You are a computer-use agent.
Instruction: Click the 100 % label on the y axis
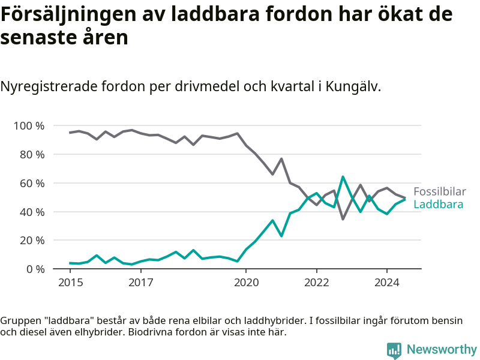point(29,126)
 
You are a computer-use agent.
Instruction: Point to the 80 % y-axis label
point(32,155)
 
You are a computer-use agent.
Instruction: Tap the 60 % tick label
point(32,184)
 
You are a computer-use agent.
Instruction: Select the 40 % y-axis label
point(32,212)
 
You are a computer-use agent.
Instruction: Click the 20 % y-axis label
point(32,241)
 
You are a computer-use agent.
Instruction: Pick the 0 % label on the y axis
point(35,269)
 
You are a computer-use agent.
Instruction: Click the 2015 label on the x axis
point(70,283)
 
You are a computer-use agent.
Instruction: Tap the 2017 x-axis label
point(141,283)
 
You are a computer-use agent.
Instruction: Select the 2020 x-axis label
point(246,283)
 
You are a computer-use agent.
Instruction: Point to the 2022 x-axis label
point(317,283)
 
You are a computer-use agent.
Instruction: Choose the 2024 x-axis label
point(387,283)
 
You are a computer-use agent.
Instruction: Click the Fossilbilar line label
point(440,191)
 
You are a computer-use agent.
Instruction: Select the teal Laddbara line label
point(439,205)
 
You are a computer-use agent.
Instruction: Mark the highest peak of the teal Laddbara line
point(343,176)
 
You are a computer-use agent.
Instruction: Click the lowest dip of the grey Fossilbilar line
point(343,219)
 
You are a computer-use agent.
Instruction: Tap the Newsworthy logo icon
point(394,350)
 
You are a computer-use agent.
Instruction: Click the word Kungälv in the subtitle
point(353,86)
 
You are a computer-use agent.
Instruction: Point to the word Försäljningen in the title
point(68,14)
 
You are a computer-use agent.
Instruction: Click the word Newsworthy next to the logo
point(442,349)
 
